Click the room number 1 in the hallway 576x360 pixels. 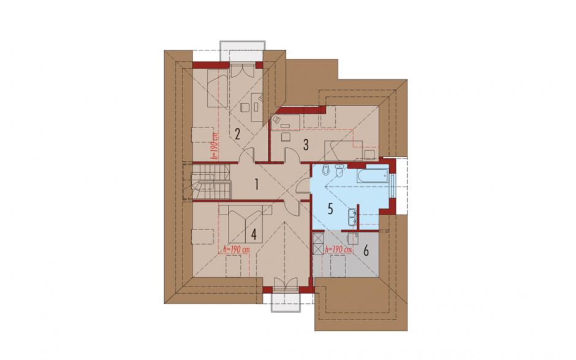pyautogui.click(x=257, y=184)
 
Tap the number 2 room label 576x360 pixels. pyautogui.click(x=237, y=134)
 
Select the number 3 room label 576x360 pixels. pyautogui.click(x=306, y=145)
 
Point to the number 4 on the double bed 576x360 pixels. pyautogui.click(x=254, y=234)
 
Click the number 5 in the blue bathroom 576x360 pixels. pyautogui.click(x=330, y=209)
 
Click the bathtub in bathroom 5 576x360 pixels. pyautogui.click(x=372, y=176)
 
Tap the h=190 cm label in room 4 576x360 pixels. pyautogui.click(x=236, y=250)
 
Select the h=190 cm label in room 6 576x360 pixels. pyautogui.click(x=338, y=250)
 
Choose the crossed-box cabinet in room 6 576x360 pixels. pyautogui.click(x=318, y=242)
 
